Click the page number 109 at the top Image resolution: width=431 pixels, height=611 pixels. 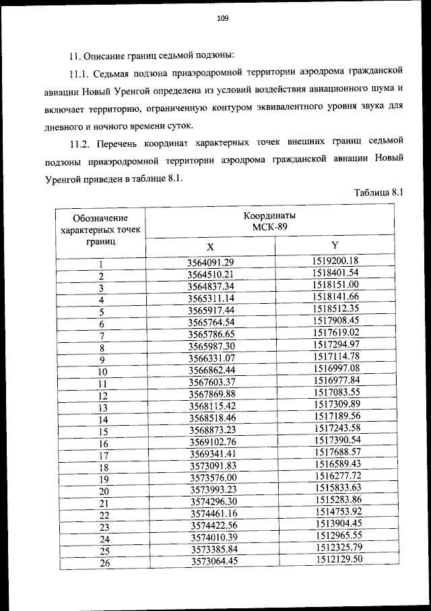coord(223,19)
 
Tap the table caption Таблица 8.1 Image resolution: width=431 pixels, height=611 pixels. coord(378,193)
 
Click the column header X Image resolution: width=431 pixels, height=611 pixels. coord(210,247)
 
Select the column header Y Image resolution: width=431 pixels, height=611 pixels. coord(335,245)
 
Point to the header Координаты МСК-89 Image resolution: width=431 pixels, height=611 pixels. coord(269,222)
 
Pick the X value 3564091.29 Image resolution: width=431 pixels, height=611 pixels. coord(210,263)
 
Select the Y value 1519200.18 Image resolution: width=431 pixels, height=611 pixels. coord(335,261)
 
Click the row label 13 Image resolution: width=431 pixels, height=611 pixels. coord(102,408)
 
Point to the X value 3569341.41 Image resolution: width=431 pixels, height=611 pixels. coord(210,455)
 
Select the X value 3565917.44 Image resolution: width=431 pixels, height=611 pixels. coord(210,311)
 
